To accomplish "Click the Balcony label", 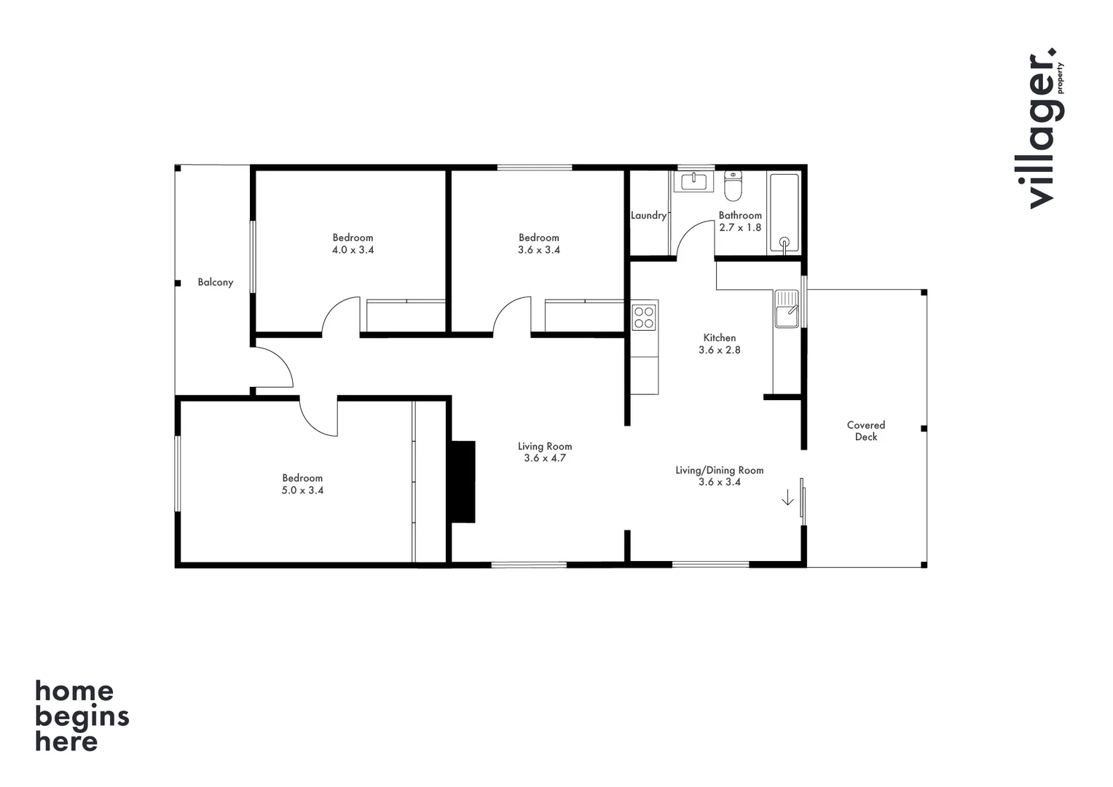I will pos(216,283).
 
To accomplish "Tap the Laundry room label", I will pos(648,216).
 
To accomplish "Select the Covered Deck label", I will pos(866,431).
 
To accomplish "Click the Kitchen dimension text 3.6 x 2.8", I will pos(720,351).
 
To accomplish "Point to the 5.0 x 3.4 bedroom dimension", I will pos(302,490).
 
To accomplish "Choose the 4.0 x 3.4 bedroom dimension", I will pos(353,250).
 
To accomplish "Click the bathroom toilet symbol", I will pos(733,187).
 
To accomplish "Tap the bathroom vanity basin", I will pos(693,181).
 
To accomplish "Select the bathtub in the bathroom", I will pos(784,214).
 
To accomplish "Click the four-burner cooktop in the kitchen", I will pos(644,317).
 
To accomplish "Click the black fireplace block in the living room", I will pos(463,482).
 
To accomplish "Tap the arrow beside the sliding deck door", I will pos(787,498).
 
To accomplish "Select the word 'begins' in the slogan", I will pos(82,717).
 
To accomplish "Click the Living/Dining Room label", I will pos(720,470).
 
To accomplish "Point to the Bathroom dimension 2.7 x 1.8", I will pos(740,227).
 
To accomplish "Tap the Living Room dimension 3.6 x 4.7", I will pos(545,458).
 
